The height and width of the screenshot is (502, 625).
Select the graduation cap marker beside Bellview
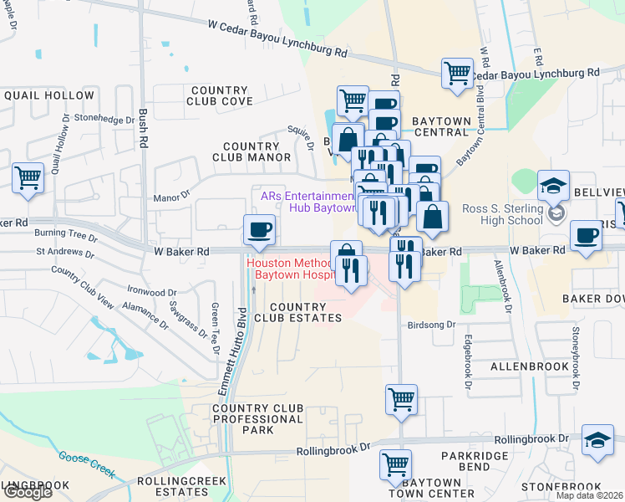click(553, 187)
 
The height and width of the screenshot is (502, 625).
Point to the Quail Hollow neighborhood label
click(48, 95)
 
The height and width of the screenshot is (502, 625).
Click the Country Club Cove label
click(220, 95)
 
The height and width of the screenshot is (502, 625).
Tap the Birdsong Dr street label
click(432, 325)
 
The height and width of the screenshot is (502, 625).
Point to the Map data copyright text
click(589, 495)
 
